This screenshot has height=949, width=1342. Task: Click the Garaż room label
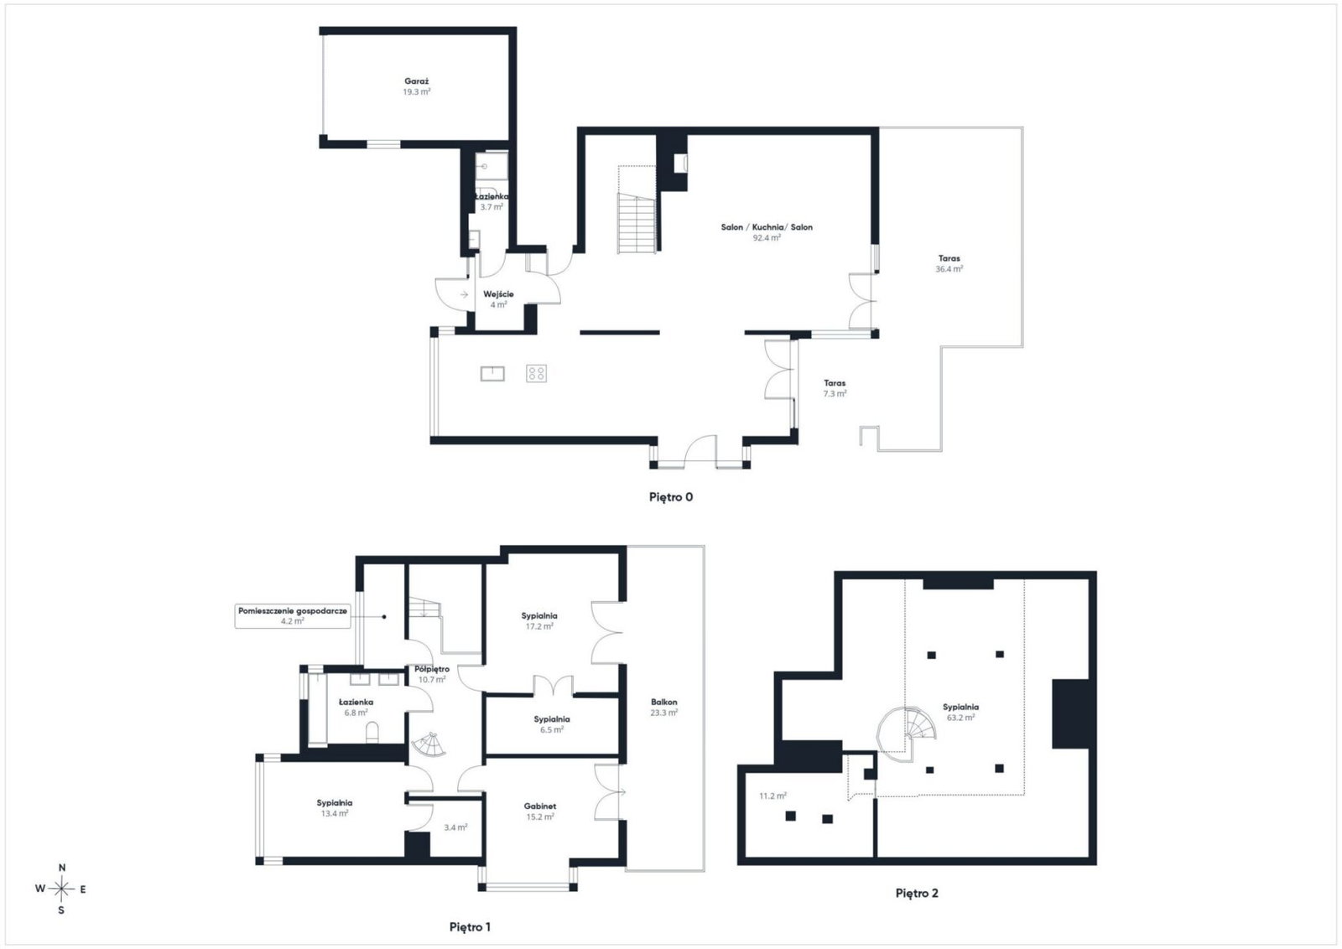pos(416,81)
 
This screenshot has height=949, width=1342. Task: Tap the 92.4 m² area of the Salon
pos(767,238)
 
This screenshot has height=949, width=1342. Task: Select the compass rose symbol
pos(61,889)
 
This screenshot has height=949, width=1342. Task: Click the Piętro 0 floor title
pos(671,497)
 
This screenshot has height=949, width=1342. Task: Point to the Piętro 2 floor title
pos(917,894)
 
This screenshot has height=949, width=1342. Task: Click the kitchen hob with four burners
pos(536,374)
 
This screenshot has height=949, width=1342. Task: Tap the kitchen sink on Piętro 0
pos(492,374)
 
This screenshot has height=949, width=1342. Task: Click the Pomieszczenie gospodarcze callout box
pos(293,616)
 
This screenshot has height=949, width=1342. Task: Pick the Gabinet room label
pos(540,806)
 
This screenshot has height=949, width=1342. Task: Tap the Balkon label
pos(663,702)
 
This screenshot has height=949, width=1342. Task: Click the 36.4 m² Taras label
pos(949,264)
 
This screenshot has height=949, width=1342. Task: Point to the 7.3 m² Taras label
pos(835,389)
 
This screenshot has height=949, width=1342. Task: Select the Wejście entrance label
pos(498,294)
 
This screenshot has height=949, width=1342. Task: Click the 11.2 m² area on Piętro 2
pos(772,796)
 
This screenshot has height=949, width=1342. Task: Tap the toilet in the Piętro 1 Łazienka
pos(372,732)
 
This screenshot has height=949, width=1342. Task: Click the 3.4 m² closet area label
pos(455,827)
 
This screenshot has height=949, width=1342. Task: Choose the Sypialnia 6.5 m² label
pos(552,724)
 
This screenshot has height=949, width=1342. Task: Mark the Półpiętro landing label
pos(432,669)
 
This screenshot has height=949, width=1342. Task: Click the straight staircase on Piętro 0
pos(637,223)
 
